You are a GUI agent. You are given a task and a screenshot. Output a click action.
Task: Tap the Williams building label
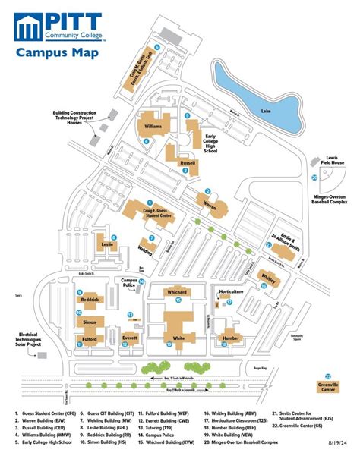[153, 127]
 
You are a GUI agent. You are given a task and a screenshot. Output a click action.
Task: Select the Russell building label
[187, 162]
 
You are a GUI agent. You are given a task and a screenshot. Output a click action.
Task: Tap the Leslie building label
[108, 244]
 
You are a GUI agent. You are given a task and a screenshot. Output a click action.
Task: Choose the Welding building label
[144, 249]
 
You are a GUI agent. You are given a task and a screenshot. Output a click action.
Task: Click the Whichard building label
[177, 291]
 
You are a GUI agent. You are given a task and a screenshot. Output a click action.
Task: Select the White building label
[179, 338]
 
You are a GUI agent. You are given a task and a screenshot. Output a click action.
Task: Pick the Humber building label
[231, 338]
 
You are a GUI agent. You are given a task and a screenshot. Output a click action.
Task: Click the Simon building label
[89, 322]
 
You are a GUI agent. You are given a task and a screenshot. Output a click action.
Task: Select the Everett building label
[129, 338]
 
